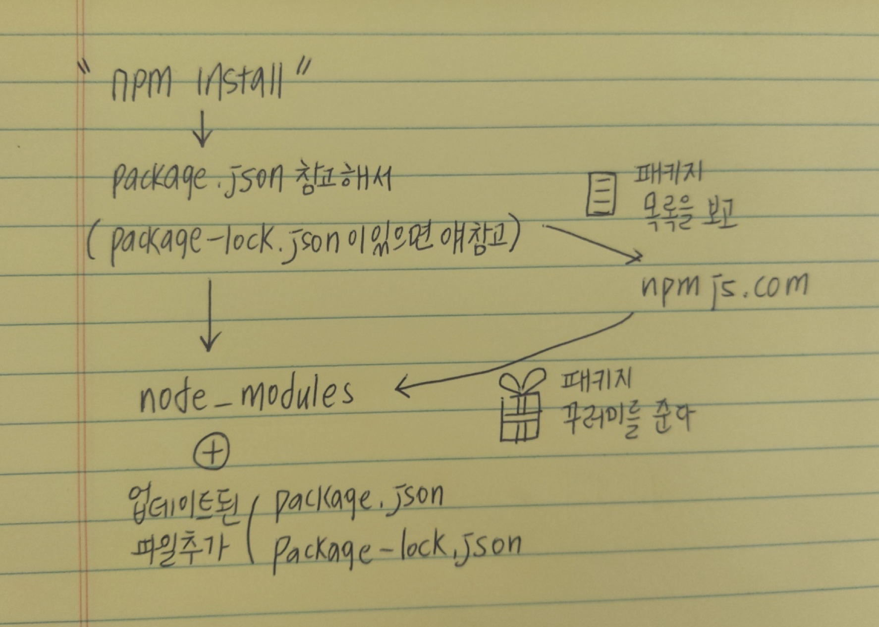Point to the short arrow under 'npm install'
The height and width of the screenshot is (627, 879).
tap(202, 130)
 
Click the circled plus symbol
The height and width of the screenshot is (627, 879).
tap(212, 452)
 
